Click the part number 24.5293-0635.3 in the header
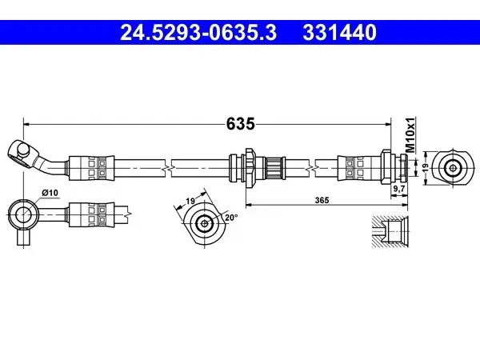[x=198, y=33]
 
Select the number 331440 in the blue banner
[x=339, y=33]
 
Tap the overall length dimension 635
[x=240, y=124]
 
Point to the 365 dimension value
[x=322, y=200]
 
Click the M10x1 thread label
[x=410, y=134]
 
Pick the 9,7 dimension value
[x=399, y=189]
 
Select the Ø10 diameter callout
[x=50, y=193]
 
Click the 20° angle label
[x=231, y=218]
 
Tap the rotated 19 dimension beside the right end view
[x=425, y=166]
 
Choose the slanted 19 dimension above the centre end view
[x=190, y=201]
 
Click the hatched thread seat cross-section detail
[x=390, y=231]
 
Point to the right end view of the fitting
[x=452, y=167]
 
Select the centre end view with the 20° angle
[x=205, y=223]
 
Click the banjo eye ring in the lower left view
[x=13, y=214]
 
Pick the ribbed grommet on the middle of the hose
[x=274, y=168]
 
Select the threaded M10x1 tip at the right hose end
[x=404, y=167]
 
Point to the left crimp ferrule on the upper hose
[x=91, y=168]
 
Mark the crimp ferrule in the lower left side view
[x=91, y=214]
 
